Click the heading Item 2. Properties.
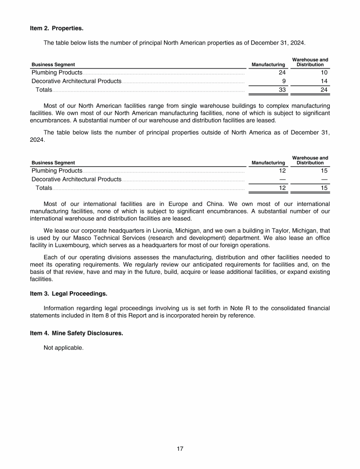(x=56, y=28)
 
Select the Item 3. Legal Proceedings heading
(x=68, y=294)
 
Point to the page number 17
(x=180, y=449)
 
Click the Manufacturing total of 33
(x=282, y=90)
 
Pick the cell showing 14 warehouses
(x=324, y=81)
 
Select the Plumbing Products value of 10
(x=324, y=73)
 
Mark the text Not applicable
(x=63, y=348)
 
